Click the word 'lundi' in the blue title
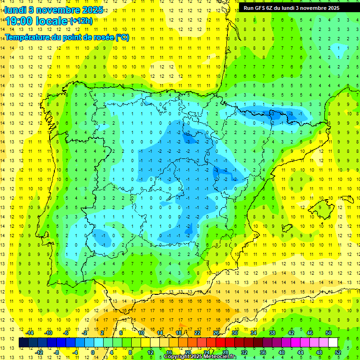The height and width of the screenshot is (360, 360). pyautogui.click(x=15, y=9)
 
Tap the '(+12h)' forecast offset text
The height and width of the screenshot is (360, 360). pyautogui.click(x=81, y=21)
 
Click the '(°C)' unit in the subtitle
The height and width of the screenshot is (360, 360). pyautogui.click(x=122, y=37)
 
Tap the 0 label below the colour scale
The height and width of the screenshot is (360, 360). pyautogui.click(x=92, y=352)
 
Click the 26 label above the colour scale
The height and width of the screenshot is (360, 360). pyautogui.click(x=216, y=333)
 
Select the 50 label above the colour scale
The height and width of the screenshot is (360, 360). pyautogui.click(x=329, y=333)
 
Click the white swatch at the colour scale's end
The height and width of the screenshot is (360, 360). pyautogui.click(x=333, y=343)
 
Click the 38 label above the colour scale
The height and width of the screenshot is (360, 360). pyautogui.click(x=272, y=333)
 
